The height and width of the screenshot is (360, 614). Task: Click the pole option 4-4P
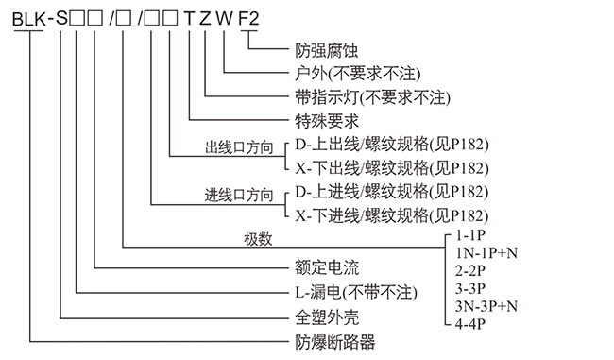(x=470, y=323)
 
